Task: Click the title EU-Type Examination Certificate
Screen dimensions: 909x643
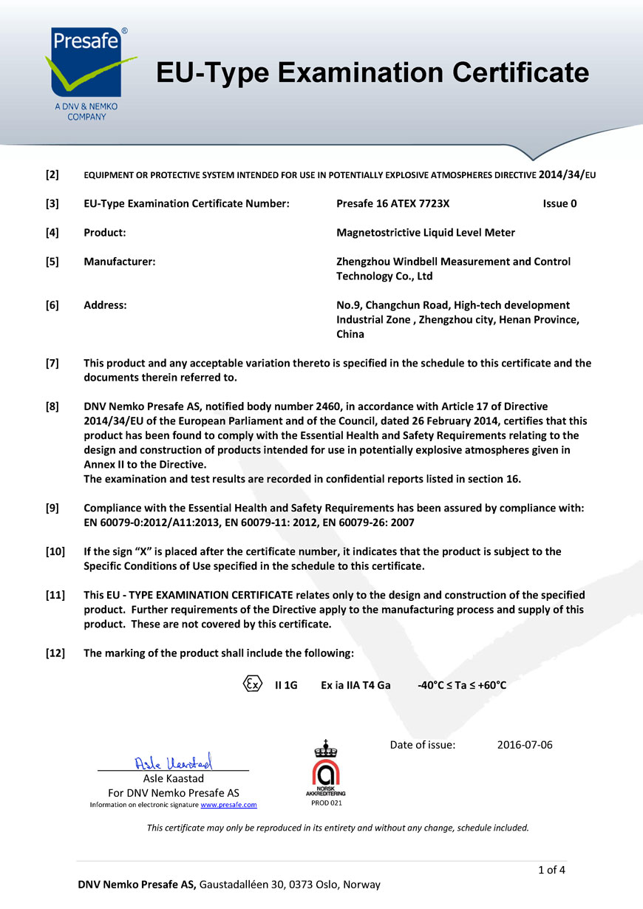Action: coord(372,72)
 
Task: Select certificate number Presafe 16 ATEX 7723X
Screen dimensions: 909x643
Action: coord(392,203)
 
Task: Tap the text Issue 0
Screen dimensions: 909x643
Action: coord(559,203)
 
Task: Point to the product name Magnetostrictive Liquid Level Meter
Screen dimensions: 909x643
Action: coord(426,232)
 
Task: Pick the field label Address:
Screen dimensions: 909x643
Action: coord(105,304)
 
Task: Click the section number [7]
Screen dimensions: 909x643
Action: coord(52,363)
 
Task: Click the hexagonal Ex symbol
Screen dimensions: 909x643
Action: coord(252,684)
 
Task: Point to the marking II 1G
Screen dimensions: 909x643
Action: coord(286,685)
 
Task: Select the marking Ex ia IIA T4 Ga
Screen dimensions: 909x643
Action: coord(355,685)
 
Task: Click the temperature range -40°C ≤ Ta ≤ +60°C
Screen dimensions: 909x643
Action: coord(462,685)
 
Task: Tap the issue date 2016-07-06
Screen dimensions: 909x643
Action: coord(525,744)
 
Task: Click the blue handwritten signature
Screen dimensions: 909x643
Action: coord(174,761)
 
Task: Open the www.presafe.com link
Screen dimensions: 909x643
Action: coord(228,805)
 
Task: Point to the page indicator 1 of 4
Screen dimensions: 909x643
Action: coord(552,869)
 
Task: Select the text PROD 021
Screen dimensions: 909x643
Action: coord(326,803)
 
